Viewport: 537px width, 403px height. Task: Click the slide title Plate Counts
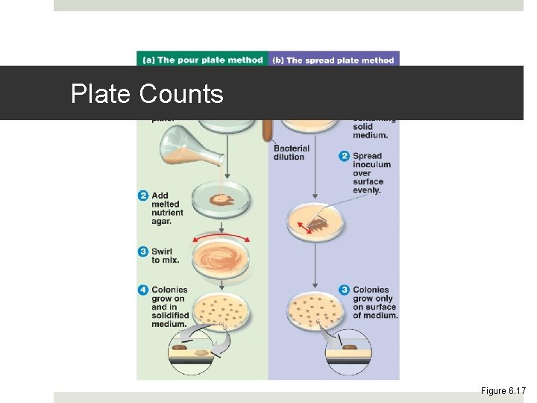(x=147, y=94)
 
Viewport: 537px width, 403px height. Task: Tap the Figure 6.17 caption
(x=503, y=390)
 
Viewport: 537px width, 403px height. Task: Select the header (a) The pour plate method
(x=201, y=60)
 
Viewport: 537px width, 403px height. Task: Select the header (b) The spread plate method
(x=334, y=60)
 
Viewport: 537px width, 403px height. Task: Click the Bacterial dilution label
(x=291, y=152)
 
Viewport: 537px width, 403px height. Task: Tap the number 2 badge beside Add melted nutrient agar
(x=143, y=196)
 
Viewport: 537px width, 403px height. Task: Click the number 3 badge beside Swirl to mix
(x=143, y=252)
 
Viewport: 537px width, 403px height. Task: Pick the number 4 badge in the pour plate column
(x=143, y=290)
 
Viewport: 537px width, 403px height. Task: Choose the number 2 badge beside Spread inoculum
(x=344, y=156)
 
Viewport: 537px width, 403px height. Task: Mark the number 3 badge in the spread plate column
(x=344, y=290)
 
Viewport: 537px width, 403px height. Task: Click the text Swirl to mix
(x=166, y=255)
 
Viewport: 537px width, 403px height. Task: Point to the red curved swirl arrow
(x=221, y=237)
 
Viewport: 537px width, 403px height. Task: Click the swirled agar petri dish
(x=221, y=258)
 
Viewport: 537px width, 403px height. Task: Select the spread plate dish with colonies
(x=316, y=307)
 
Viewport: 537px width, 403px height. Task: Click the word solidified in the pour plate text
(x=169, y=316)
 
